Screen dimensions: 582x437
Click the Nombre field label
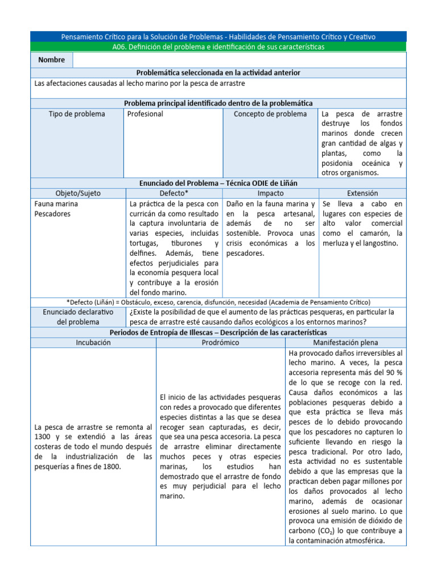point(52,60)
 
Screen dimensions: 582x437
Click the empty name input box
point(240,60)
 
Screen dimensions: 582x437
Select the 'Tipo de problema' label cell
point(77,114)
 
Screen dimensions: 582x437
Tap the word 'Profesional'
point(145,114)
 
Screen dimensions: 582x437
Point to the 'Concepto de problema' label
point(270,114)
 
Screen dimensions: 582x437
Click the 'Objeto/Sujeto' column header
point(78,193)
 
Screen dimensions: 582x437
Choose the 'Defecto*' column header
point(174,193)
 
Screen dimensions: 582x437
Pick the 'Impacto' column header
point(270,193)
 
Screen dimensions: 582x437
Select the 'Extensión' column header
point(362,193)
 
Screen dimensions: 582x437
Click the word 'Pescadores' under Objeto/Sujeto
point(52,214)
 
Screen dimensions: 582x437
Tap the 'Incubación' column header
point(93,343)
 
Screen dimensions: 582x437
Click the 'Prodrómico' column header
point(220,343)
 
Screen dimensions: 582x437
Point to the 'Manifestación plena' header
point(345,343)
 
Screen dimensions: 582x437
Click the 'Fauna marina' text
point(56,203)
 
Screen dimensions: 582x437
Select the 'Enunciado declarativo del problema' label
point(78,317)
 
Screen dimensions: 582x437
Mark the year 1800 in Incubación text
point(109,467)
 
